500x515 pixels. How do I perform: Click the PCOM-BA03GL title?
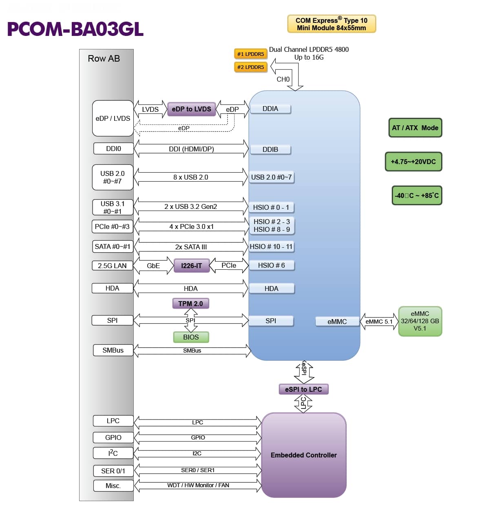(75, 29)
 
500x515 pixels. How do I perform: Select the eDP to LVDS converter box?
(191, 109)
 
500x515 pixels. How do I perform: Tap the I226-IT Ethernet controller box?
(191, 266)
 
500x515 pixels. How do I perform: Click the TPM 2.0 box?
(190, 304)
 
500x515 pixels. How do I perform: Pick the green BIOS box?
(191, 337)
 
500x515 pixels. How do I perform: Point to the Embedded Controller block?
(304, 455)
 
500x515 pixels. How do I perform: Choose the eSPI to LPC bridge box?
(303, 389)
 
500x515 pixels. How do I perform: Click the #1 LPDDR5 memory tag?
(250, 54)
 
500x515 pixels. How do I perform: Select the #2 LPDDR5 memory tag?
(250, 67)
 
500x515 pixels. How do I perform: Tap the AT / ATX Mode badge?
(415, 128)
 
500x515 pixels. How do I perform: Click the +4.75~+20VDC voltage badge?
(413, 162)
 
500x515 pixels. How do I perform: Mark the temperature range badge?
(416, 195)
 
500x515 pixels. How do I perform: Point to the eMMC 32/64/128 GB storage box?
(420, 321)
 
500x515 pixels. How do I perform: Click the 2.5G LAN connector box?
(112, 266)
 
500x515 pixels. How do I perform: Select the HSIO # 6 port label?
(271, 265)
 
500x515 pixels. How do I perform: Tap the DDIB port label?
(270, 149)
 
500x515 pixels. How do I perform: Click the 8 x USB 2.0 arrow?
(190, 177)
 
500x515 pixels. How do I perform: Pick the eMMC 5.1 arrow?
(379, 322)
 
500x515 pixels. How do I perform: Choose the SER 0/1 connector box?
(113, 471)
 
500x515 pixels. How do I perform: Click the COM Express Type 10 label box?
(331, 24)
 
